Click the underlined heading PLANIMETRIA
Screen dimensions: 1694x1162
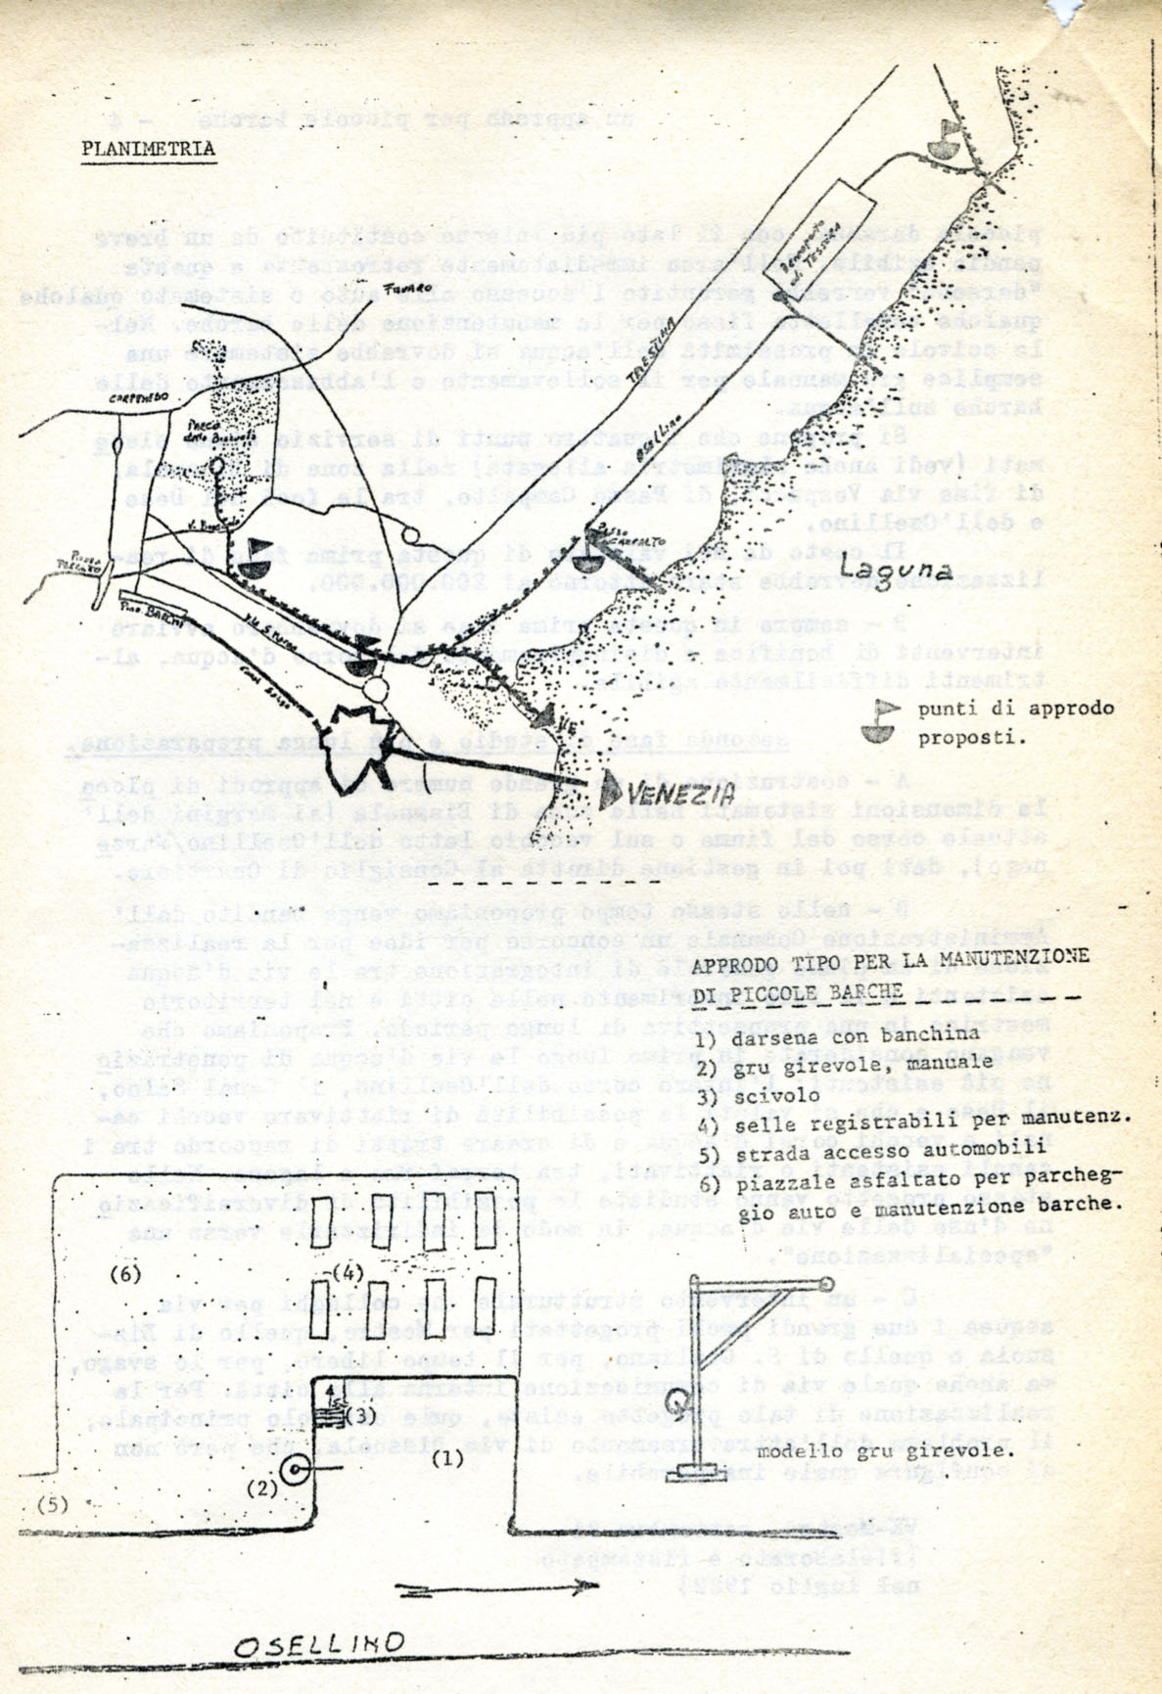tap(148, 149)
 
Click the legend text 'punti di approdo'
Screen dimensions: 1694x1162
tap(1015, 708)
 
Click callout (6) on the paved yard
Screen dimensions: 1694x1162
tap(125, 1273)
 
